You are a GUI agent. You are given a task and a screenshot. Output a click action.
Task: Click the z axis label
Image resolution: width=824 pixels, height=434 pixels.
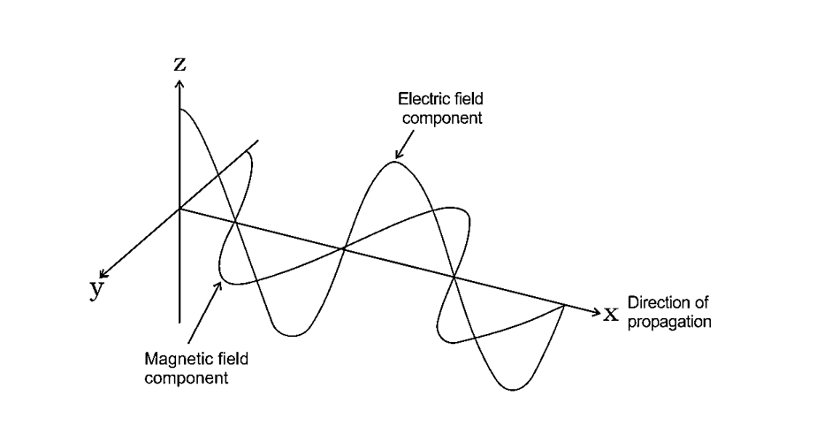click(180, 64)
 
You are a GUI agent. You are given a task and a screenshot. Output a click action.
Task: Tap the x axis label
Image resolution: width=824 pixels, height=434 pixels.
click(610, 313)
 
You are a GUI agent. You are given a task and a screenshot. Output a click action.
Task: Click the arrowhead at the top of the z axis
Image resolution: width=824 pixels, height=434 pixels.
click(180, 82)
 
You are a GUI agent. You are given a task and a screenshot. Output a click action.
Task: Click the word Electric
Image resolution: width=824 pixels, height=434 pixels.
click(420, 101)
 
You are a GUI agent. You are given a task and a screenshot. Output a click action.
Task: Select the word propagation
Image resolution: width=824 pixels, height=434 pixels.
click(668, 322)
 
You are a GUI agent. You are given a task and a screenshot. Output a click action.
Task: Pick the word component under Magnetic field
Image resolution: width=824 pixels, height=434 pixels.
click(186, 378)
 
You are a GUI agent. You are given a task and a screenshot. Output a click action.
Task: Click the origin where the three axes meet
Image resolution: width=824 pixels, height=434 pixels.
click(180, 209)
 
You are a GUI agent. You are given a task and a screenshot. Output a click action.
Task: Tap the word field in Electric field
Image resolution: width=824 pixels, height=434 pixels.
click(466, 101)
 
